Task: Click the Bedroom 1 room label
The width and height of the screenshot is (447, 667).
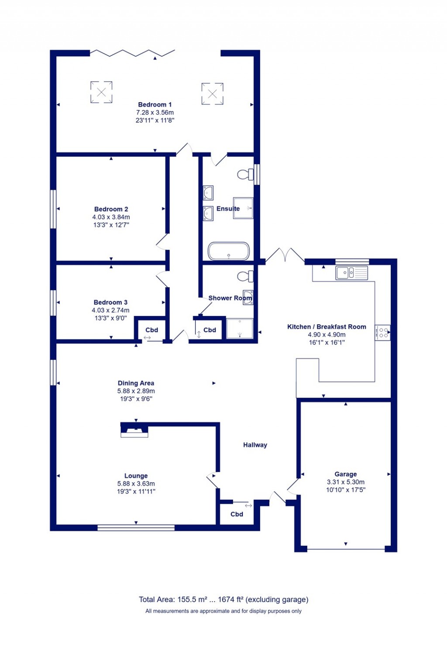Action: click(x=155, y=105)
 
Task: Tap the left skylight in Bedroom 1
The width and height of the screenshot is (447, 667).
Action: click(x=101, y=92)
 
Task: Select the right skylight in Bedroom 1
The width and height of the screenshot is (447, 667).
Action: click(x=212, y=94)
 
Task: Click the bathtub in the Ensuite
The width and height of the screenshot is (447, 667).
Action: click(x=229, y=251)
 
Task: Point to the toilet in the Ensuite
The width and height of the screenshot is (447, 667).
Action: click(x=245, y=175)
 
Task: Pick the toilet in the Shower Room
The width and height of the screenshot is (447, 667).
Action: click(x=245, y=276)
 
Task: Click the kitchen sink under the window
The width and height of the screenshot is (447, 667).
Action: click(x=351, y=273)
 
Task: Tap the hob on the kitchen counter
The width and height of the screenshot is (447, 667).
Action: click(x=383, y=333)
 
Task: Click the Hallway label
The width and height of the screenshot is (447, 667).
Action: click(x=255, y=445)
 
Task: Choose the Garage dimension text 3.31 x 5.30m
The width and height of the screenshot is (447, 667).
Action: click(x=346, y=482)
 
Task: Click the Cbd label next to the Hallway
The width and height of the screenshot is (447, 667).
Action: click(x=237, y=514)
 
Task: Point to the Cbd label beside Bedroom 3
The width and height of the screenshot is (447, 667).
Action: click(x=151, y=330)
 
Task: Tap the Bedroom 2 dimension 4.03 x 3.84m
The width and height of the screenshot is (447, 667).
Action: click(x=111, y=217)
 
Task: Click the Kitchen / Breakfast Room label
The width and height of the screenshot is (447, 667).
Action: click(x=327, y=327)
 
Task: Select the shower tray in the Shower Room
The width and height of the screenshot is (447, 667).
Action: click(x=240, y=328)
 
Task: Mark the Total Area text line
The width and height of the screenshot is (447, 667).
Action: click(x=223, y=599)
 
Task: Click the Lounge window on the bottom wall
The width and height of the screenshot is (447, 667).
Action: click(x=136, y=528)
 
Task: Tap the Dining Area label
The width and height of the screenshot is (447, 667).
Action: click(x=136, y=383)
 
